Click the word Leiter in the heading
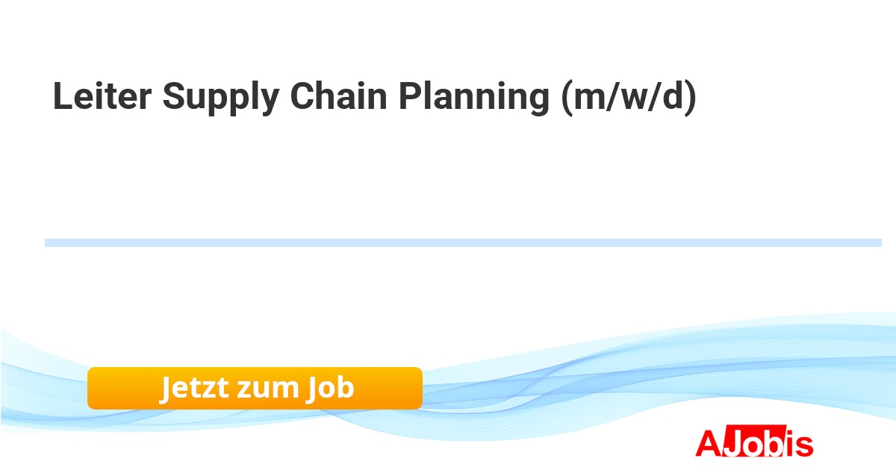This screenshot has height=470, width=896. [102, 96]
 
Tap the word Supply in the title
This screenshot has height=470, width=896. [221, 98]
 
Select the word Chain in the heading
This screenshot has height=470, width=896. [338, 95]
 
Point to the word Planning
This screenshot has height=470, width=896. [474, 98]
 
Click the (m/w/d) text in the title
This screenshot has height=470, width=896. [629, 98]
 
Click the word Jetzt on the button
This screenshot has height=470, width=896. [195, 388]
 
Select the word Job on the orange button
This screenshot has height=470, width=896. [330, 388]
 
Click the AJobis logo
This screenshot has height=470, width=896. [754, 442]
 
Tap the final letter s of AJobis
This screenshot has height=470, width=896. [804, 446]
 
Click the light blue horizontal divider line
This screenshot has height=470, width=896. [463, 243]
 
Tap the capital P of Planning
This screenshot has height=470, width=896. [410, 96]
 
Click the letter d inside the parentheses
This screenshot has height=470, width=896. [673, 96]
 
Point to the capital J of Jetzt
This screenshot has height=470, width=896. [165, 389]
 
